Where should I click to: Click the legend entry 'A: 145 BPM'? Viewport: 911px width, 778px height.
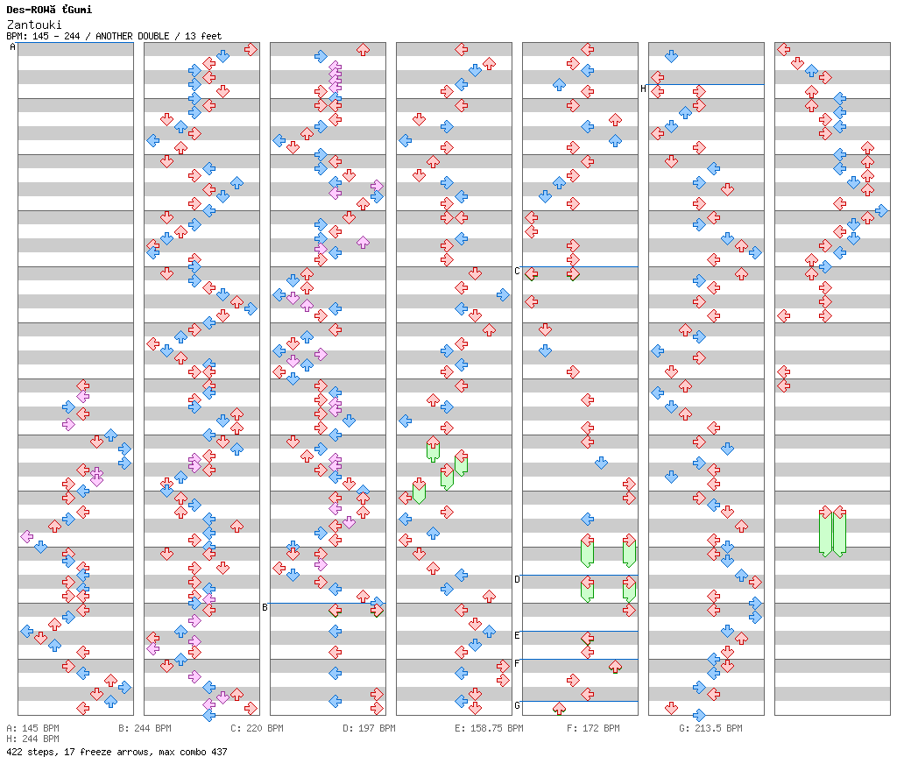32,728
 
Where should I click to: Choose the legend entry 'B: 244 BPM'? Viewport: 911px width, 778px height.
145,728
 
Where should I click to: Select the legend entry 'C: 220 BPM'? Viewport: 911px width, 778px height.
257,728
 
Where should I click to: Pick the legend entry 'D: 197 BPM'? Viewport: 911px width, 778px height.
369,728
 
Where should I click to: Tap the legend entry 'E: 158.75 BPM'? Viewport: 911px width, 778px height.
489,728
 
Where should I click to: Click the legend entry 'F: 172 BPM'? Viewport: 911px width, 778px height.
593,728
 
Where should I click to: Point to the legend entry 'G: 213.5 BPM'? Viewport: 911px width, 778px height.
710,728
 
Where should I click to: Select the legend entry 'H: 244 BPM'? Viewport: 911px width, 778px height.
32,739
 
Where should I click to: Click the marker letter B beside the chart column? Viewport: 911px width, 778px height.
265,607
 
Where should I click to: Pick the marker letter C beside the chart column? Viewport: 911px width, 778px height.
517,271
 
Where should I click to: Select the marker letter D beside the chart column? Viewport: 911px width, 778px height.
517,579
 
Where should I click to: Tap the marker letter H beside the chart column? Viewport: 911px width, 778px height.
643,88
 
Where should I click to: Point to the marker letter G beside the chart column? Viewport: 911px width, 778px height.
517,705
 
